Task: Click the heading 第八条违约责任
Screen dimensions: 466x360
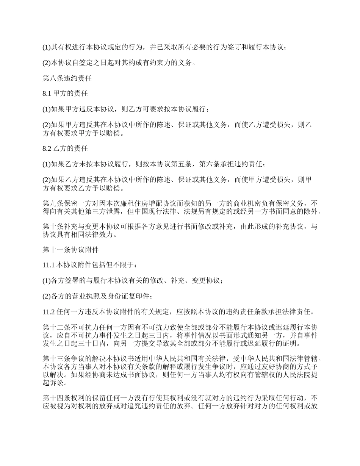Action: click(x=67, y=79)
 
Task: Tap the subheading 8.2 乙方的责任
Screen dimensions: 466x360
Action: click(x=65, y=149)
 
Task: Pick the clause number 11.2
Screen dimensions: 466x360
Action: click(x=49, y=312)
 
